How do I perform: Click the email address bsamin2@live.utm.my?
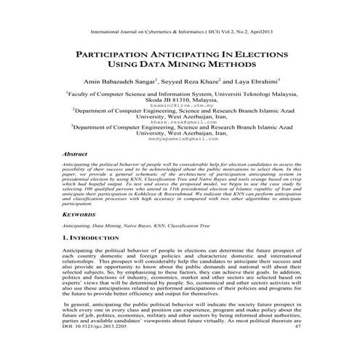click(x=179, y=105)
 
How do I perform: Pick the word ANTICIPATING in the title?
click(x=182, y=55)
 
